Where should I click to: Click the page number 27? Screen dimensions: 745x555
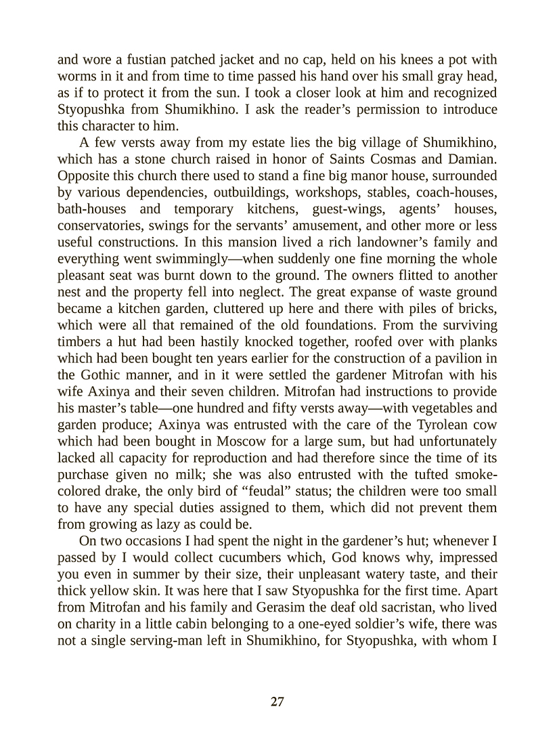(x=277, y=702)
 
